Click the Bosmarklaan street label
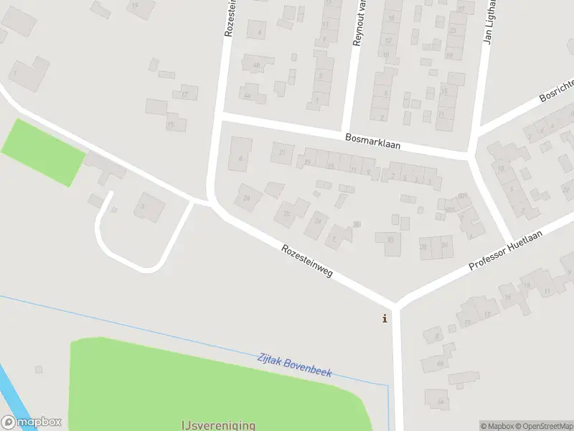[x=372, y=140]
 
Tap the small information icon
[x=385, y=318]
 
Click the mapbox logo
[x=31, y=422]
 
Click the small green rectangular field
[x=43, y=152]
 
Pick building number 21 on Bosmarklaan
[x=282, y=152]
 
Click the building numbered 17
[x=185, y=93]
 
